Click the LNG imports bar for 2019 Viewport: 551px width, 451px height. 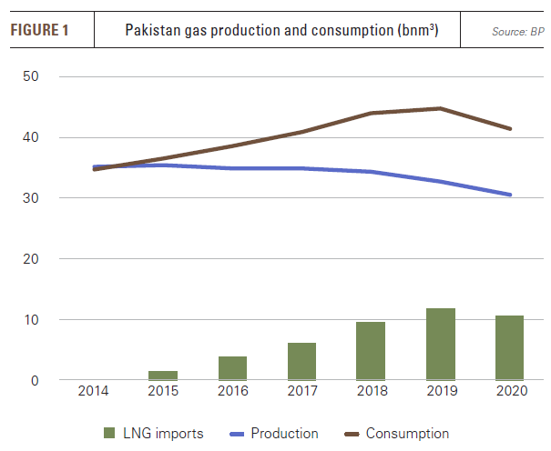[x=441, y=344]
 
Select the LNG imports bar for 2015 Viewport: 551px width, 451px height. [x=163, y=375]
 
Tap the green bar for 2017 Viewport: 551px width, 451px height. [x=301, y=361]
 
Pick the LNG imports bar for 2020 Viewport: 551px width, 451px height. [x=510, y=347]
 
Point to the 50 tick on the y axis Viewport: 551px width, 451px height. [x=31, y=76]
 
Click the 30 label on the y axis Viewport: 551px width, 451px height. [x=31, y=198]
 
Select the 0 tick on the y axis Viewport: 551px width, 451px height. [x=35, y=380]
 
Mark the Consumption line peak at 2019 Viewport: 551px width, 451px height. [x=441, y=108]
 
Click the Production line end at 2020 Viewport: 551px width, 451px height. [x=510, y=195]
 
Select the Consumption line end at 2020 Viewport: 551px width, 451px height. [x=510, y=129]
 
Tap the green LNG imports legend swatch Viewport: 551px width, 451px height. [x=107, y=434]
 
